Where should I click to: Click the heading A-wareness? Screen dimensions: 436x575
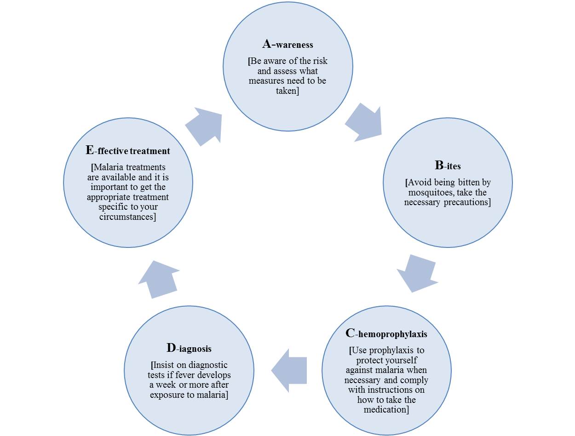[287, 45]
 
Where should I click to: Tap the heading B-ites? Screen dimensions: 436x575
[447, 166]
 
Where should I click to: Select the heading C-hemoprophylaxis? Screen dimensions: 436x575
[386, 333]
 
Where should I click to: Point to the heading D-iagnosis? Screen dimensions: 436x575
[189, 348]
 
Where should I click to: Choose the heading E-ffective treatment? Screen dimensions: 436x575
[127, 150]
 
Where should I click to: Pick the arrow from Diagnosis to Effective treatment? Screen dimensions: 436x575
[158, 279]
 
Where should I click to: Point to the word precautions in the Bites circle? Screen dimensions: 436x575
[467, 202]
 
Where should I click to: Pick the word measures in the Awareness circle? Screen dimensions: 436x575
[266, 81]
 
